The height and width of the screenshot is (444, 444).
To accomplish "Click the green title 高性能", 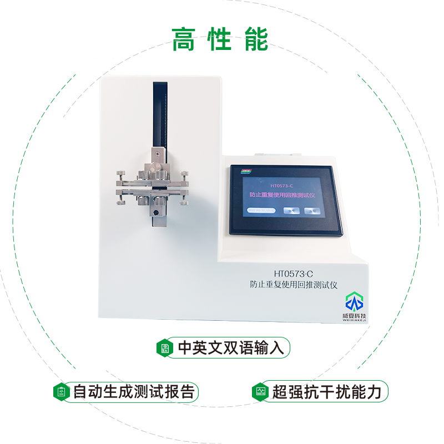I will [220, 39].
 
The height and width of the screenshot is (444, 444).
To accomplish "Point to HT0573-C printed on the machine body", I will [294, 274].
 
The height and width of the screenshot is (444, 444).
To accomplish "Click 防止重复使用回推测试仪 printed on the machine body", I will [294, 285].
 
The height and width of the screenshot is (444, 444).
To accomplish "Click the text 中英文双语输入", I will [231, 348].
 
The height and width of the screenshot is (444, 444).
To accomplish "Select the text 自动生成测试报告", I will [133, 392].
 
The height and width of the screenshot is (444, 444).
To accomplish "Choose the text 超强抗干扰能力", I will [327, 392].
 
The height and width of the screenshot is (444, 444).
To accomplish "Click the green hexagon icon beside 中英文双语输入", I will [165, 348].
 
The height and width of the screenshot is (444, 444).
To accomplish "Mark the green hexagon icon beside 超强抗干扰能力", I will [259, 392].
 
